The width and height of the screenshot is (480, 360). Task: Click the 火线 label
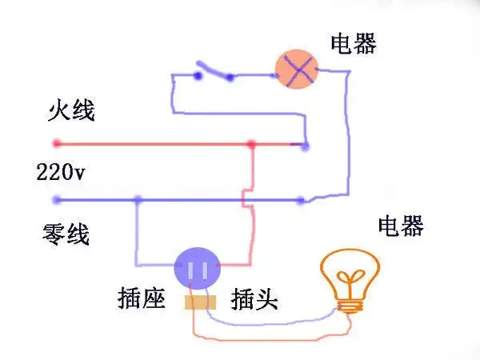tap(70, 111)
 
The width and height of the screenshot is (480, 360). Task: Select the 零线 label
tap(66, 234)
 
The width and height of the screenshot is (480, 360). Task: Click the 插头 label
tap(254, 300)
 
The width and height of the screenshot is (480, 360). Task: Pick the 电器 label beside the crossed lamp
tap(353, 43)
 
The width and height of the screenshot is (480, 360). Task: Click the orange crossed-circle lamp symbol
tap(297, 71)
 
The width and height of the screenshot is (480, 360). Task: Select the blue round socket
tap(198, 266)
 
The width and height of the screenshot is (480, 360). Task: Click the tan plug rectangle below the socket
tap(201, 302)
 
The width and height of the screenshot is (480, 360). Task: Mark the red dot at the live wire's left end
tap(56, 144)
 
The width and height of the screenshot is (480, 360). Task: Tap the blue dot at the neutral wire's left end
tap(56, 199)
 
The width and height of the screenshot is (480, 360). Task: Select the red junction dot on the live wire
tap(251, 145)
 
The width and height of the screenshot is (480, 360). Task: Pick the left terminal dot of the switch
tap(198, 77)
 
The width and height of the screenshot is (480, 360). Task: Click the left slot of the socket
tap(191, 269)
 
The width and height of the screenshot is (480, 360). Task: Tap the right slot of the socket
tap(205, 269)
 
